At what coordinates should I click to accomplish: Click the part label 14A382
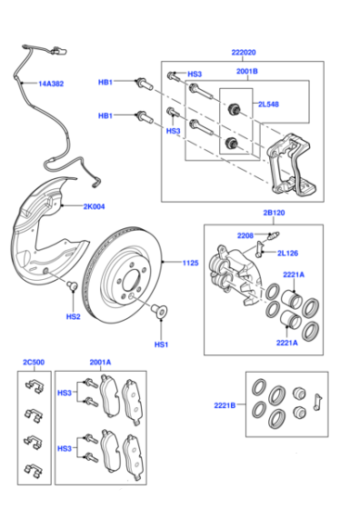click(51, 84)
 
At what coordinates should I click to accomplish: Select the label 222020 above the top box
click(244, 53)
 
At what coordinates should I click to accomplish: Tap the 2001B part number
click(247, 71)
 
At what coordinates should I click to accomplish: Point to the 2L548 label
click(268, 105)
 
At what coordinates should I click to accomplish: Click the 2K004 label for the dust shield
click(95, 206)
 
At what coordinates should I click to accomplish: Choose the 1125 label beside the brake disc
click(190, 263)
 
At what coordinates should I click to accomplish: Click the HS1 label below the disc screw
click(161, 344)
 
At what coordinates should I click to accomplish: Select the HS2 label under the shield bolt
click(73, 316)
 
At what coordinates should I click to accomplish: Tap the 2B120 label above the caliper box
click(274, 213)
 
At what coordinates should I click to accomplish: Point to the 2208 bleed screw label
click(245, 235)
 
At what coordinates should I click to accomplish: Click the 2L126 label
click(287, 254)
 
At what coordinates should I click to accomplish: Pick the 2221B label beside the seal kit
click(225, 405)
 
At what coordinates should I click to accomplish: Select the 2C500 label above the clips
click(34, 363)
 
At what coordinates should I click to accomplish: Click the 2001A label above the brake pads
click(100, 363)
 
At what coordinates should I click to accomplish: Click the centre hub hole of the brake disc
click(131, 281)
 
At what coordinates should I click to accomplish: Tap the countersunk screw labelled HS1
click(159, 310)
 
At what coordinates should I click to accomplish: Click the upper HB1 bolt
click(144, 84)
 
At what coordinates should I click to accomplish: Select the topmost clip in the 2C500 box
click(34, 386)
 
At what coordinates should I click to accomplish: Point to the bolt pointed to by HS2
click(73, 285)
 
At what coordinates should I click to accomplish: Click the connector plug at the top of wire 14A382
click(58, 51)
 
